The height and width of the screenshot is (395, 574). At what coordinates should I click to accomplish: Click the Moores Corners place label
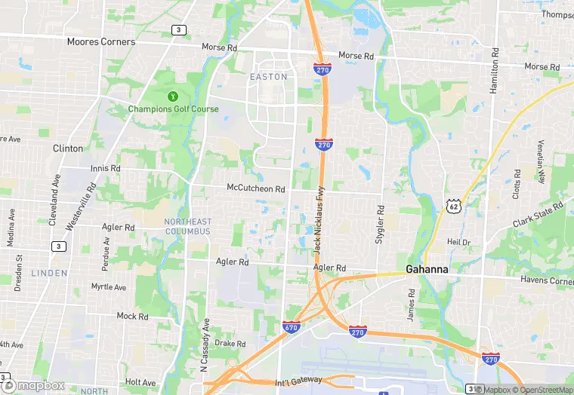click(x=101, y=41)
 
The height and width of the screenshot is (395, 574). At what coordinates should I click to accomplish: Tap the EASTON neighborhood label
click(x=268, y=77)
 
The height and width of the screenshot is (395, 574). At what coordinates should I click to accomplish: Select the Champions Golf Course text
click(x=173, y=109)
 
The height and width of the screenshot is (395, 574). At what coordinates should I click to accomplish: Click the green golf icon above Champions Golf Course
click(x=173, y=96)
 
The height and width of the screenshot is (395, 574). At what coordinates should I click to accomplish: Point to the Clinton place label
click(x=68, y=149)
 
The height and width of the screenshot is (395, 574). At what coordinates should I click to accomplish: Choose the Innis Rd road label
click(x=105, y=168)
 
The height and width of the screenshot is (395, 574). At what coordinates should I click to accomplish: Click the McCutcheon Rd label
click(x=256, y=188)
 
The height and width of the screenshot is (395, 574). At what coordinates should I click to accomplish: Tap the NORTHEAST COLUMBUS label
click(x=188, y=226)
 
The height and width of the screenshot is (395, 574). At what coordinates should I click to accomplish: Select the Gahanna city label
click(x=427, y=269)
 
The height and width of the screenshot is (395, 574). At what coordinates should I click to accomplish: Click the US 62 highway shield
click(x=453, y=205)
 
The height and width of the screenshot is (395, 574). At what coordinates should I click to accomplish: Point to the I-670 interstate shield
click(x=292, y=328)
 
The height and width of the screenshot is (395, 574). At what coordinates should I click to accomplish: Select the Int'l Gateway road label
click(x=299, y=379)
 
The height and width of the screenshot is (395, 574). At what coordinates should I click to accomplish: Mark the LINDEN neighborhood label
click(x=50, y=273)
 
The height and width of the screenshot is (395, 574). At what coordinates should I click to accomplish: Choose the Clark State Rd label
click(x=538, y=215)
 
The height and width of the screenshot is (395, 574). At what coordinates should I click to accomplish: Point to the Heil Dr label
click(x=458, y=242)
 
